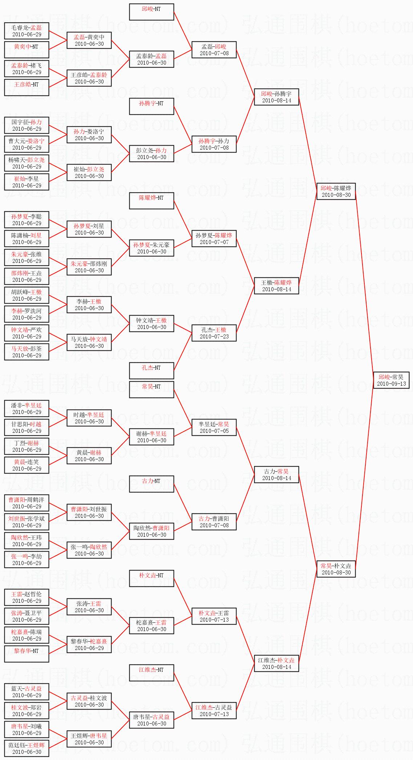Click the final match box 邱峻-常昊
pos(391,380)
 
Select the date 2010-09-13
pos(391,384)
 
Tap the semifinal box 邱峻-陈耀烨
pos(336,191)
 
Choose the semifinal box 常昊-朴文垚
pos(336,569)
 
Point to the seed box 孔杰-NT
pos(151,371)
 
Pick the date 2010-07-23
pos(214,337)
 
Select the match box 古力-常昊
pos(276,475)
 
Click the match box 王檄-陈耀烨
pos(276,286)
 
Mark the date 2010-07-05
pos(214,431)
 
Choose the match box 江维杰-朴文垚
pos(276,663)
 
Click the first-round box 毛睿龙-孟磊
pos(27,31)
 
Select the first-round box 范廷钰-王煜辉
pos(27,748)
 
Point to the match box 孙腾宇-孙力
pos(214,144)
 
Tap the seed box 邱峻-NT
pos(151,12)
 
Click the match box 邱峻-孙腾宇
pos(276,97)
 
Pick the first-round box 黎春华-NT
pos(27,654)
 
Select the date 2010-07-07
pos(214,242)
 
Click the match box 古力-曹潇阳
pos(214,522)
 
